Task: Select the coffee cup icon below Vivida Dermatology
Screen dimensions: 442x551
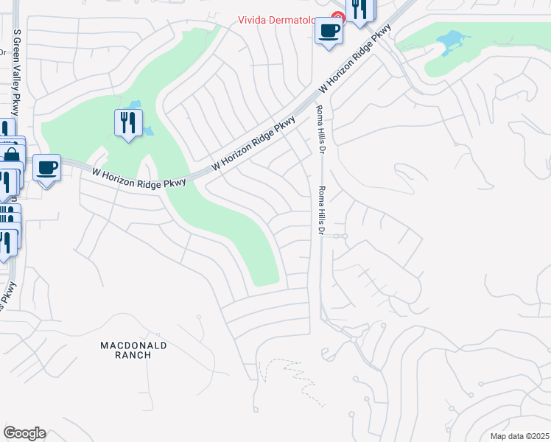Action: click(x=329, y=31)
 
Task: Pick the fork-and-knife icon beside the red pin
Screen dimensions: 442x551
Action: click(x=359, y=10)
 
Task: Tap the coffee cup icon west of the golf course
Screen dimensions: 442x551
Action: click(x=47, y=168)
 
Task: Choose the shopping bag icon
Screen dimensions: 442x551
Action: click(x=13, y=156)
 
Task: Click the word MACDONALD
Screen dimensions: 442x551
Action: click(x=133, y=345)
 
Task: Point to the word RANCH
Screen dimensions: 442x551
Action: click(x=133, y=355)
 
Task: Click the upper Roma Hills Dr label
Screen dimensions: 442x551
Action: click(x=320, y=128)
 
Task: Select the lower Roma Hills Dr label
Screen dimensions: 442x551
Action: click(x=321, y=211)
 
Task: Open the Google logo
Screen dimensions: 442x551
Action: click(x=24, y=433)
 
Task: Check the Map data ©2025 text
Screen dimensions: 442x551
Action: click(x=519, y=436)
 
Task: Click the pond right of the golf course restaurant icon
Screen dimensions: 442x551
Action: click(x=148, y=131)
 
